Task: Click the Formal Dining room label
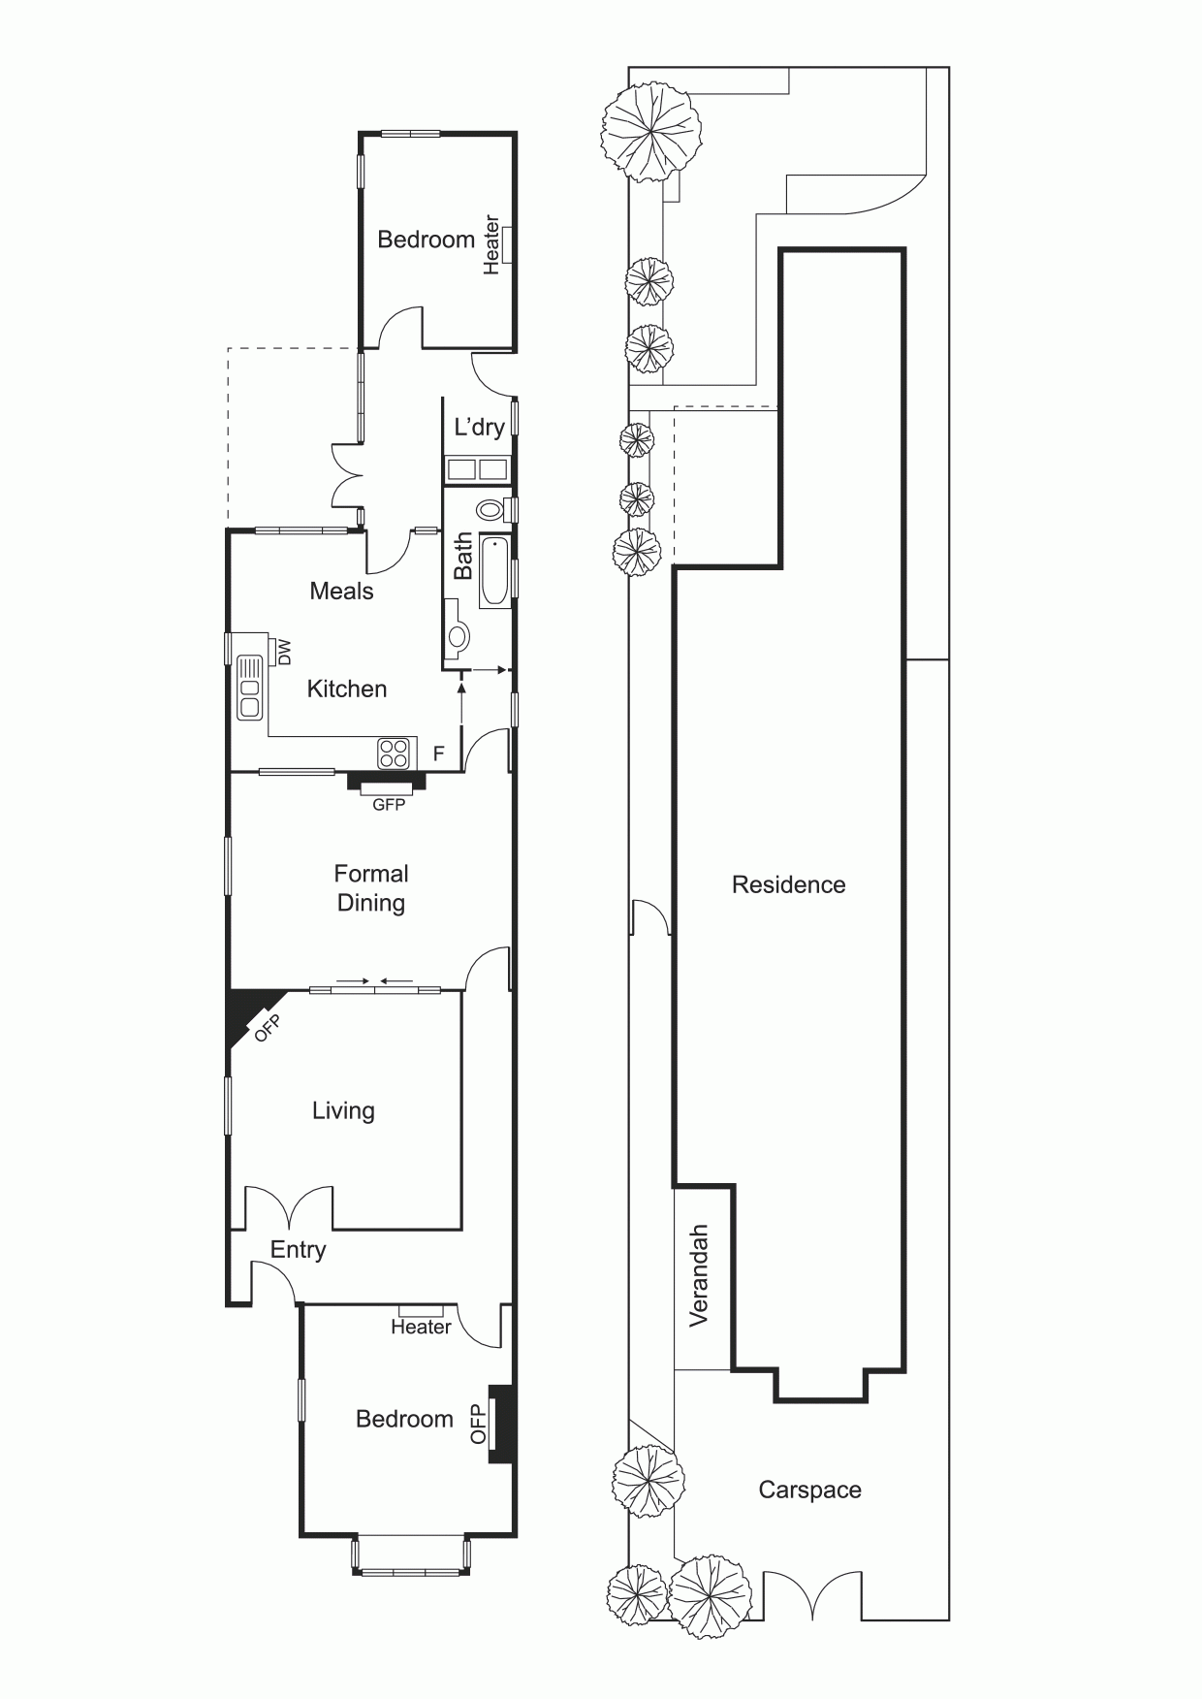pos(370,887)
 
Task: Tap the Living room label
pos(343,1111)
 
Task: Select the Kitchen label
pos(347,689)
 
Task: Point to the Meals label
pos(341,591)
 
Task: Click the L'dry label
pos(480,427)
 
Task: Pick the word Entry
pos(298,1250)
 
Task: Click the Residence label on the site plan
pos(788,884)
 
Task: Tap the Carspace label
pos(809,1490)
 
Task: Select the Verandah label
pos(699,1275)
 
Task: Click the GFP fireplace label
pos(389,804)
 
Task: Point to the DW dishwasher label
pos(284,653)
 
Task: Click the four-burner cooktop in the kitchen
pos(395,753)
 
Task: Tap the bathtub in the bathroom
pos(494,572)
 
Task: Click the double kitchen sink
pos(250,687)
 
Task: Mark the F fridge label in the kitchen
pos(439,753)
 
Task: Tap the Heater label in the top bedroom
pos(491,245)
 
